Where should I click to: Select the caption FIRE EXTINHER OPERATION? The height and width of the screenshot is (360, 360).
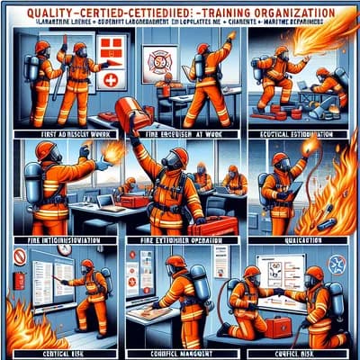tap(175, 241)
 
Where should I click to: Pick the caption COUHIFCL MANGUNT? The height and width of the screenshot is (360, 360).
tap(177, 344)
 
